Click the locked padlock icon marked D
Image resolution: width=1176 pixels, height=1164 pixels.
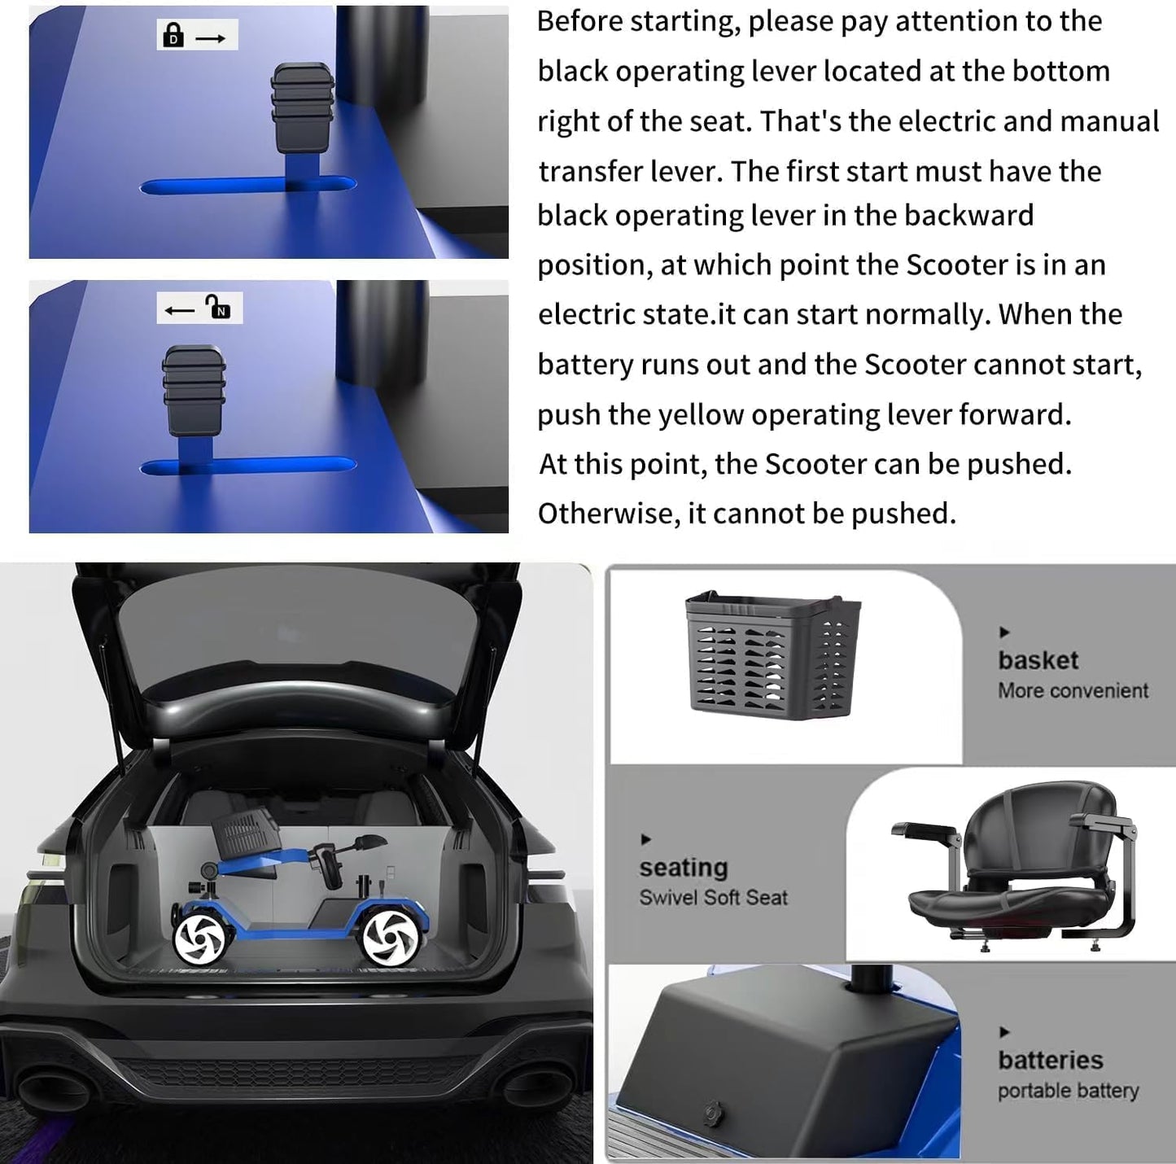(x=174, y=35)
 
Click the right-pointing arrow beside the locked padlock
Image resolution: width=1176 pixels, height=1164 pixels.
(x=211, y=38)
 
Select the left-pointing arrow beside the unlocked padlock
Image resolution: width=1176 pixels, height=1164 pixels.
(x=179, y=311)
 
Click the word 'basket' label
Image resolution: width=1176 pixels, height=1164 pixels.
(x=1038, y=660)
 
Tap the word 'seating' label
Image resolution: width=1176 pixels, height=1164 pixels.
(x=684, y=868)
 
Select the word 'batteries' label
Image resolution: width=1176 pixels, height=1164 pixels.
(x=1051, y=1061)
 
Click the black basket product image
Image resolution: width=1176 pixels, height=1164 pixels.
(x=772, y=654)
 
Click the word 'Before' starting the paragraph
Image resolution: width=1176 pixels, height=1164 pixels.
(x=579, y=22)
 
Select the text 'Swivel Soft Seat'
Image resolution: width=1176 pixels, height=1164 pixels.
(x=714, y=898)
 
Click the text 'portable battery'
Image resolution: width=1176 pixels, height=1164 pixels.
(x=1069, y=1092)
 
